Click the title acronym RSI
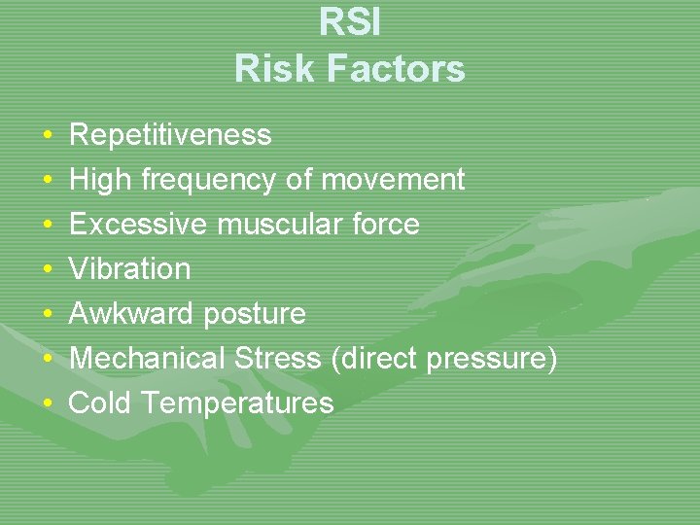350,23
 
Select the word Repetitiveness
170,134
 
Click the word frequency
208,180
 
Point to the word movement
393,180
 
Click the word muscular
276,225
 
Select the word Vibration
130,269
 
